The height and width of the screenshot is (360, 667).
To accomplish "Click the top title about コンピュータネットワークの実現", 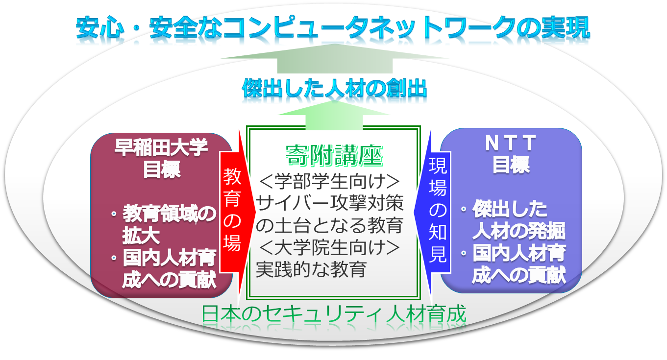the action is click(x=333, y=27).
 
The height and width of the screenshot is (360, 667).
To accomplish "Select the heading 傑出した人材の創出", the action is click(x=335, y=88).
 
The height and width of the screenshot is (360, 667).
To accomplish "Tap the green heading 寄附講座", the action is click(x=334, y=155).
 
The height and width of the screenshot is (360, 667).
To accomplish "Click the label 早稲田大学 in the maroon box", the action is click(x=161, y=147).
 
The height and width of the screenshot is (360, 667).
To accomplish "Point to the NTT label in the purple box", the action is click(x=511, y=143).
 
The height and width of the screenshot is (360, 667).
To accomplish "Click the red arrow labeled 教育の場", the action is click(x=237, y=212).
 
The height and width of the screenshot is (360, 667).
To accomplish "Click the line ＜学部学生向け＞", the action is click(x=329, y=181).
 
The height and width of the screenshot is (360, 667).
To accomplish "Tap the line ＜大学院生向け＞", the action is click(x=329, y=247).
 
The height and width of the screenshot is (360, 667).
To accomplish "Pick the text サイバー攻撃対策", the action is click(x=329, y=203).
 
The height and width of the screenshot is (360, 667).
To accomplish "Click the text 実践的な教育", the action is click(x=311, y=269).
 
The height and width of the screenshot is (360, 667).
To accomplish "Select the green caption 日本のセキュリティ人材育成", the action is click(x=333, y=313).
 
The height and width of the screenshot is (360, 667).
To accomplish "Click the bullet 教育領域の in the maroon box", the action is click(x=169, y=214).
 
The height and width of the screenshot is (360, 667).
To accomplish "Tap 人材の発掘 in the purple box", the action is click(x=519, y=231).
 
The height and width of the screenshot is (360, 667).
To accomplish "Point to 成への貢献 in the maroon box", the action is click(x=169, y=280).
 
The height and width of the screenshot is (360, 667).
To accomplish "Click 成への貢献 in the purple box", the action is click(x=519, y=275).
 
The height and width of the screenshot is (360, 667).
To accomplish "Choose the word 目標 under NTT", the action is click(x=511, y=165).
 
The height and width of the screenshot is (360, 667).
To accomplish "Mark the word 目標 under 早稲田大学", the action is click(x=161, y=169).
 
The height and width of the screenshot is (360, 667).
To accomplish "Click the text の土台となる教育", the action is click(x=329, y=225).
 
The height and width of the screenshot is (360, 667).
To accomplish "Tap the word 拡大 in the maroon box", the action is click(x=141, y=236).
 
